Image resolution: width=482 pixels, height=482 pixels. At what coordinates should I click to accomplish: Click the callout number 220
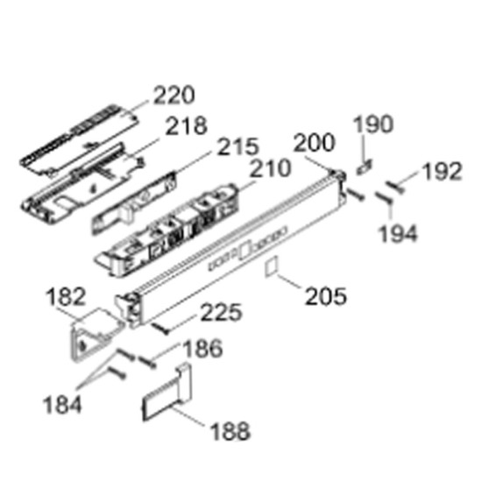174,95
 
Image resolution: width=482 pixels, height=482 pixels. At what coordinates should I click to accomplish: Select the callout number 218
187,125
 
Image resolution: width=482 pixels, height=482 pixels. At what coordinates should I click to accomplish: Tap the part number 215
238,146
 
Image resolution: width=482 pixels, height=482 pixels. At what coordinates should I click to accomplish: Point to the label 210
270,168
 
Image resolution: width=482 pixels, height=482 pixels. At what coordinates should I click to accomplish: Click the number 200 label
314,142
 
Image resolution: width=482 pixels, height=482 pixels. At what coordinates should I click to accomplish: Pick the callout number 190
373,124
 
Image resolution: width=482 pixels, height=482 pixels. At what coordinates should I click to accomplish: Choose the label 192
442,171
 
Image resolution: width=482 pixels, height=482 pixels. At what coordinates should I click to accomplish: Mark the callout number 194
398,234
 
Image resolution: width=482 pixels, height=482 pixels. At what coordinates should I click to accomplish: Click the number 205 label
326,296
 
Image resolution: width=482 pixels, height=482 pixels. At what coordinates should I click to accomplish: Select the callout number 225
222,312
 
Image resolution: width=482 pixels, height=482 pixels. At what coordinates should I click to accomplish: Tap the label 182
66,296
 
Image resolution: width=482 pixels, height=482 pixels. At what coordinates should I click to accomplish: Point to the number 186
202,348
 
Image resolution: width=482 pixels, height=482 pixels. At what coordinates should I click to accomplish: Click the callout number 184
62,405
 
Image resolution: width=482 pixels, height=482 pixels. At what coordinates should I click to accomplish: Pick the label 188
230,430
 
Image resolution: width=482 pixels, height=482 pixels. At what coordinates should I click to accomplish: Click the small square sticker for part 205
272,266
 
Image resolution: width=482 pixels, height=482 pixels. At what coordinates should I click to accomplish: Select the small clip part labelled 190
365,167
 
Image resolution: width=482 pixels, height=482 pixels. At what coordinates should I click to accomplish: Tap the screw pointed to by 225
160,329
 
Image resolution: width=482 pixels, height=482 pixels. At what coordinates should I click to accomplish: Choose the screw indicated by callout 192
395,188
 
